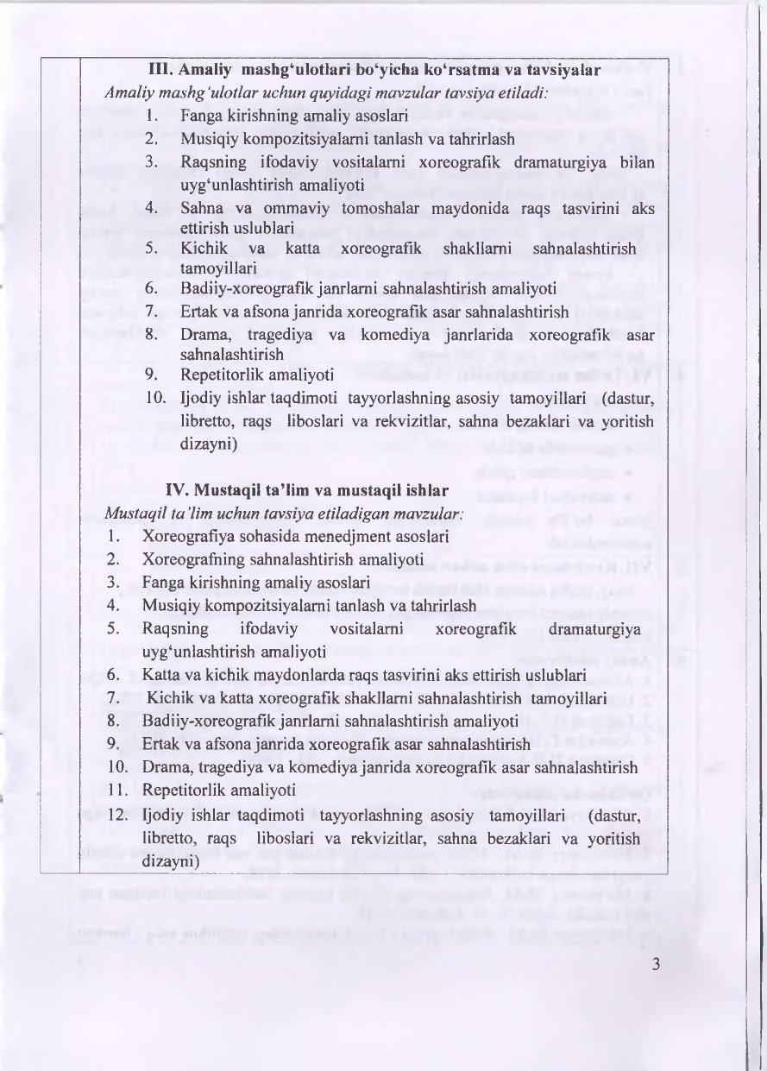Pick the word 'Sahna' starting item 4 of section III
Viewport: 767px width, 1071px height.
pos(199,208)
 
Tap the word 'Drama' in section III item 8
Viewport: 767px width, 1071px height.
pos(204,334)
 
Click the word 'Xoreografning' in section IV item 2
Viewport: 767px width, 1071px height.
pos(190,558)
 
